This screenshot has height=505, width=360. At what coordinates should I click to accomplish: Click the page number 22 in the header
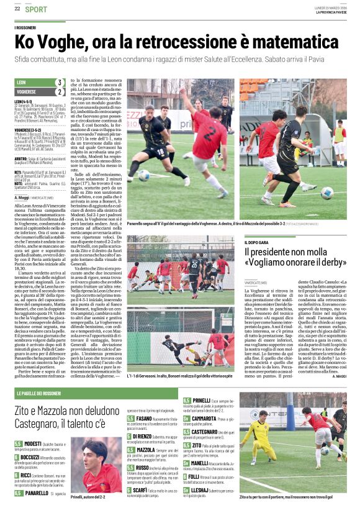(17, 9)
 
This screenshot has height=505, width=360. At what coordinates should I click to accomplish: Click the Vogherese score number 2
(60, 91)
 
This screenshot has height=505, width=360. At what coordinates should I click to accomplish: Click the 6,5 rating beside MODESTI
(19, 444)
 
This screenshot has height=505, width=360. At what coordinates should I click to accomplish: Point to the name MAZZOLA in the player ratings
(146, 449)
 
